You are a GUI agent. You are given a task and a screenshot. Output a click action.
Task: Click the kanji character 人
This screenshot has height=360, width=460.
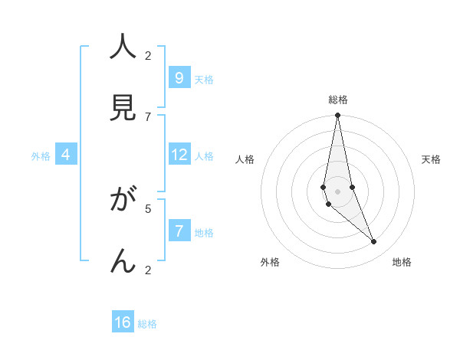click(x=123, y=47)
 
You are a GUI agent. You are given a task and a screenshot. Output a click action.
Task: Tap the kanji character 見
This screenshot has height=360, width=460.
click(x=123, y=108)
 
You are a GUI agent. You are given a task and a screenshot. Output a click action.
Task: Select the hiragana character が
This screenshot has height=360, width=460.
click(x=123, y=201)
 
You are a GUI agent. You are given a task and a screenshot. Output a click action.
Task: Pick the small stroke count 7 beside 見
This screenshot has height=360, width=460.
click(x=148, y=116)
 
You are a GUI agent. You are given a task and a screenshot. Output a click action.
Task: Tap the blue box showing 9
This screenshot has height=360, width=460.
click(x=179, y=77)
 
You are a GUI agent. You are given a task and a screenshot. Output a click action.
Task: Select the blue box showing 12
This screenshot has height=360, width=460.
click(x=179, y=155)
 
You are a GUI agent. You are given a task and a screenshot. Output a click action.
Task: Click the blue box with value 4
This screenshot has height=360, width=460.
click(x=66, y=155)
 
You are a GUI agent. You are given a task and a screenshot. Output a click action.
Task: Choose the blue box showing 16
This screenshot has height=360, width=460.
click(x=123, y=322)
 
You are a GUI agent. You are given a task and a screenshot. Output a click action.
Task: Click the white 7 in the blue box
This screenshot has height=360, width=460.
click(x=179, y=231)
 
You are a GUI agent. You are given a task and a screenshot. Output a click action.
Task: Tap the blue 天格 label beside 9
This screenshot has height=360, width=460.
click(x=204, y=80)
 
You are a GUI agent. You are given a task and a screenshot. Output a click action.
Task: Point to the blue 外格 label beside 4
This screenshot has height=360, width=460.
click(x=41, y=156)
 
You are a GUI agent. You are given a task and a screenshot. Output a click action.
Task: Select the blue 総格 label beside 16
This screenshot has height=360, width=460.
click(x=147, y=324)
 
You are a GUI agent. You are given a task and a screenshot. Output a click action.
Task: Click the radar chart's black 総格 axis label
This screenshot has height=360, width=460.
click(x=338, y=100)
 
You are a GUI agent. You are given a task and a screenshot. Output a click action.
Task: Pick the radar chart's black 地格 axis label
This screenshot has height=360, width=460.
click(x=402, y=262)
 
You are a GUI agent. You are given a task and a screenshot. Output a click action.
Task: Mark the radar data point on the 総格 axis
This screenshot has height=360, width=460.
click(x=337, y=116)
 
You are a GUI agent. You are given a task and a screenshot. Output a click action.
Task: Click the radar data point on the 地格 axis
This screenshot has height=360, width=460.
click(x=373, y=242)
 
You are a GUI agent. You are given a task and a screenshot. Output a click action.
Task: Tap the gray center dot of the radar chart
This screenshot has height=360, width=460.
click(x=337, y=191)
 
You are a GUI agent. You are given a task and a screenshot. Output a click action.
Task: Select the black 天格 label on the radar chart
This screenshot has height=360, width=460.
click(x=431, y=159)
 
